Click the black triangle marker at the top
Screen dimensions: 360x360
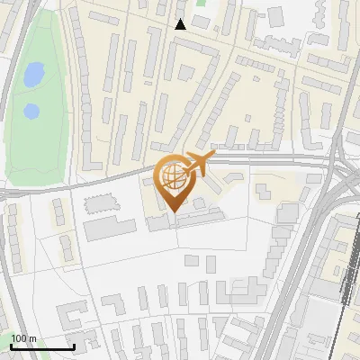tap(181, 24)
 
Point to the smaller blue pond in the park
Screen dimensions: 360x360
tap(31, 112)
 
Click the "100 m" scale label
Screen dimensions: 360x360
tap(23, 338)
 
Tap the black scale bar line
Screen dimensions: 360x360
tap(41, 347)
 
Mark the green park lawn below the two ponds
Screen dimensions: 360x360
tap(36, 144)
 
